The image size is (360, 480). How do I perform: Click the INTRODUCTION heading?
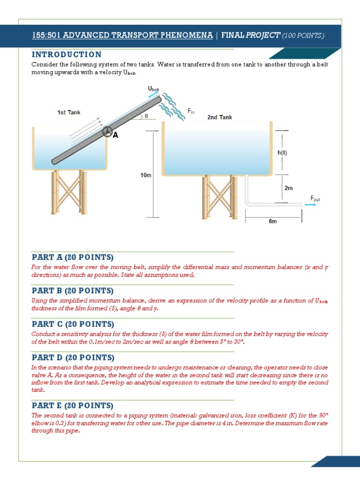point(66,55)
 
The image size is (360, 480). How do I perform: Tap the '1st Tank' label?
point(68,112)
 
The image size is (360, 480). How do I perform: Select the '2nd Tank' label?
point(219,117)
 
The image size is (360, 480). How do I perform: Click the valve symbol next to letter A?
point(107,132)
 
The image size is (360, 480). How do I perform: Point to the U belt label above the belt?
point(153,89)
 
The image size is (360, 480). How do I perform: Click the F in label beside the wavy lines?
point(191,111)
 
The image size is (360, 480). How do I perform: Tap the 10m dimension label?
point(146,175)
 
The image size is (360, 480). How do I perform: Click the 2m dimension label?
point(289,188)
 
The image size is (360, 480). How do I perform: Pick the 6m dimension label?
point(273,222)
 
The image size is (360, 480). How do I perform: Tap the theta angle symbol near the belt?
point(146,115)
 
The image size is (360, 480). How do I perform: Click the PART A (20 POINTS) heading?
point(72,257)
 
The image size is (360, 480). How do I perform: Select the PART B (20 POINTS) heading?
point(72,291)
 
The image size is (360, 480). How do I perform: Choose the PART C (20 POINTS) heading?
point(72,324)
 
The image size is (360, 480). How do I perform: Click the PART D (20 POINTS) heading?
point(72,358)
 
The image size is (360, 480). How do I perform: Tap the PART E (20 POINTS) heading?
point(72,405)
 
